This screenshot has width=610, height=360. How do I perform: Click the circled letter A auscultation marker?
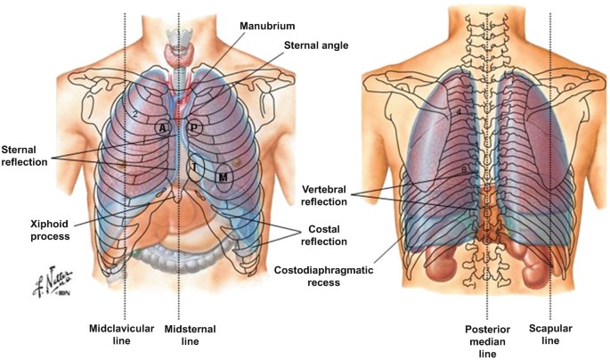point(162,127)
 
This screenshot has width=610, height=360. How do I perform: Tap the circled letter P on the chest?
point(194,127)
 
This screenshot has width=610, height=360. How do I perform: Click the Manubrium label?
point(267,27)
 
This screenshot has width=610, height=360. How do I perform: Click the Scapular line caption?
point(551,333)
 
